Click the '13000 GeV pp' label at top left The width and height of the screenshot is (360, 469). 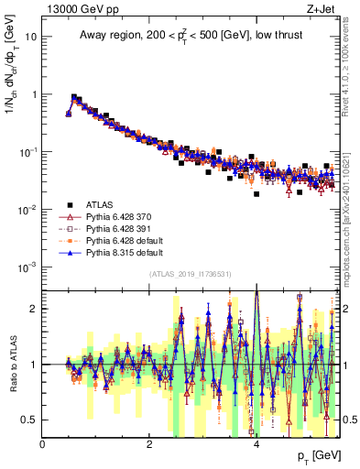[x=80, y=8]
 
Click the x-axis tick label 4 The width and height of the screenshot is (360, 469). [x=256, y=444]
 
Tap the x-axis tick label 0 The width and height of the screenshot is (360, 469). [x=43, y=444]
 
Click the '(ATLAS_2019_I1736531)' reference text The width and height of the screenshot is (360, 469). [x=191, y=274]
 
